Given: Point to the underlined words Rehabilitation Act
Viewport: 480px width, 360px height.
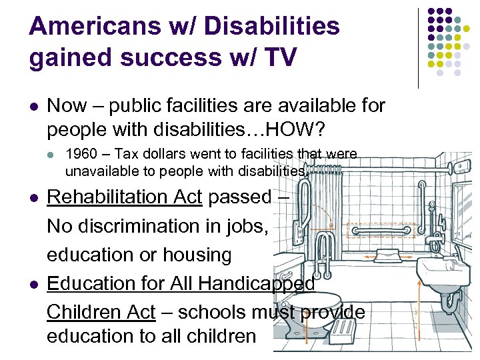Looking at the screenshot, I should point(125,197).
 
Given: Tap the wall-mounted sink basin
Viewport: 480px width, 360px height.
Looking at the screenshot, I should point(440,273).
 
